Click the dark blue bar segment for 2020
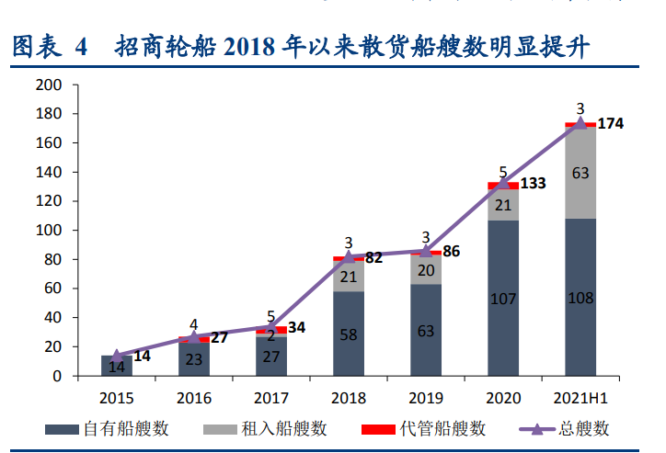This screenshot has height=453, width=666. click(502, 298)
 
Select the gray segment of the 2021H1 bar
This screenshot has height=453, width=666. click(580, 173)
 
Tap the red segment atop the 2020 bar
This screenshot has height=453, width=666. click(502, 186)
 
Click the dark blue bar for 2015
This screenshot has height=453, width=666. click(117, 366)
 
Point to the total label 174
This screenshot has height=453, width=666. click(611, 123)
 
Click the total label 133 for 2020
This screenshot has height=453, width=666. click(533, 184)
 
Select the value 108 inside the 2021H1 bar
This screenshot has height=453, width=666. click(580, 299)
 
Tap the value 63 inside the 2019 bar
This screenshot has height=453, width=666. click(426, 331)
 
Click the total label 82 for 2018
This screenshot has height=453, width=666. click(373, 258)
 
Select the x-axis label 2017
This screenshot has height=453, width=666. click(270, 398)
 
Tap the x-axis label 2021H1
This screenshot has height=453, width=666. click(580, 398)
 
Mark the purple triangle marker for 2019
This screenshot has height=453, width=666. click(426, 251)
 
